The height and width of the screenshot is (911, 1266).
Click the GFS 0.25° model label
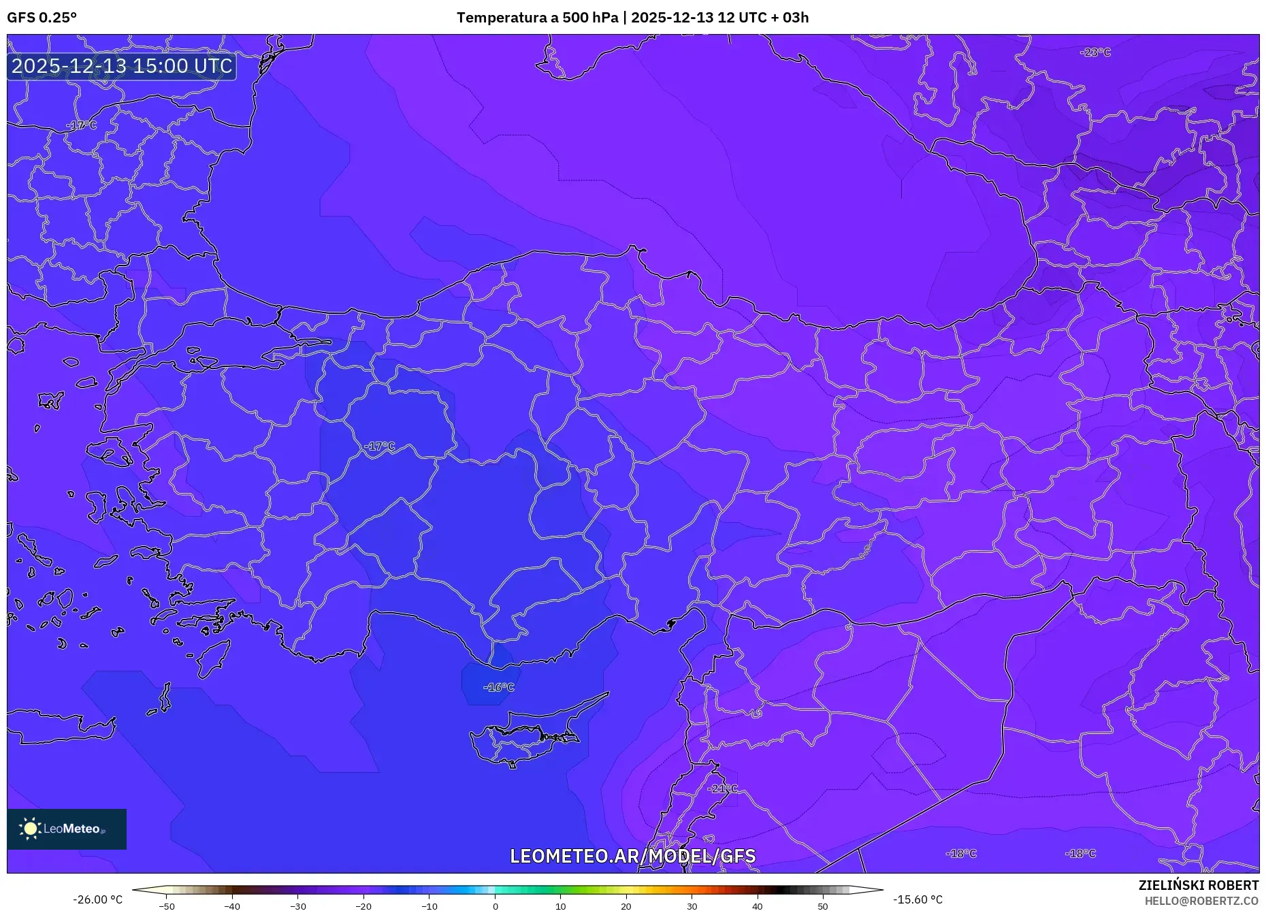tap(42, 18)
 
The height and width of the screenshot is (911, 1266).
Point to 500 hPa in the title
tap(590, 18)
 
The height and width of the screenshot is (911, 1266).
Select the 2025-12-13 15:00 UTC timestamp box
tap(122, 66)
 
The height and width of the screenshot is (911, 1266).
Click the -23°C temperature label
tap(1095, 52)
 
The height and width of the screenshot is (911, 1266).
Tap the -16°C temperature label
tap(499, 687)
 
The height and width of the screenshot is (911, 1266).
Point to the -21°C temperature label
tap(722, 788)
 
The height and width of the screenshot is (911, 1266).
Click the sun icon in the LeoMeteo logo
tap(30, 829)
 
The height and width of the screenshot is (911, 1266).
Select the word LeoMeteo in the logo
tap(71, 829)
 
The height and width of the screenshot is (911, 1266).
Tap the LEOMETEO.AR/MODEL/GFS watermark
tap(632, 856)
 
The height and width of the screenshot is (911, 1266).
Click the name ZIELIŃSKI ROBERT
tap(1198, 885)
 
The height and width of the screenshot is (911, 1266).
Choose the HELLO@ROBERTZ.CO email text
tap(1201, 901)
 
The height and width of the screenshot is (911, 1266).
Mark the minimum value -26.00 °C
tap(98, 899)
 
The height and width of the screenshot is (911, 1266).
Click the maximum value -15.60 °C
tap(918, 899)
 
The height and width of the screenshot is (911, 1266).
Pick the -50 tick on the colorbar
tap(167, 906)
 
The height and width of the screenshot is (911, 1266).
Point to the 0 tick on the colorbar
tap(496, 906)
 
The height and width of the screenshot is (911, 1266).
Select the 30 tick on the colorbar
tap(692, 906)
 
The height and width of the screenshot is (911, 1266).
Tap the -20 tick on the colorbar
tap(363, 906)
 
